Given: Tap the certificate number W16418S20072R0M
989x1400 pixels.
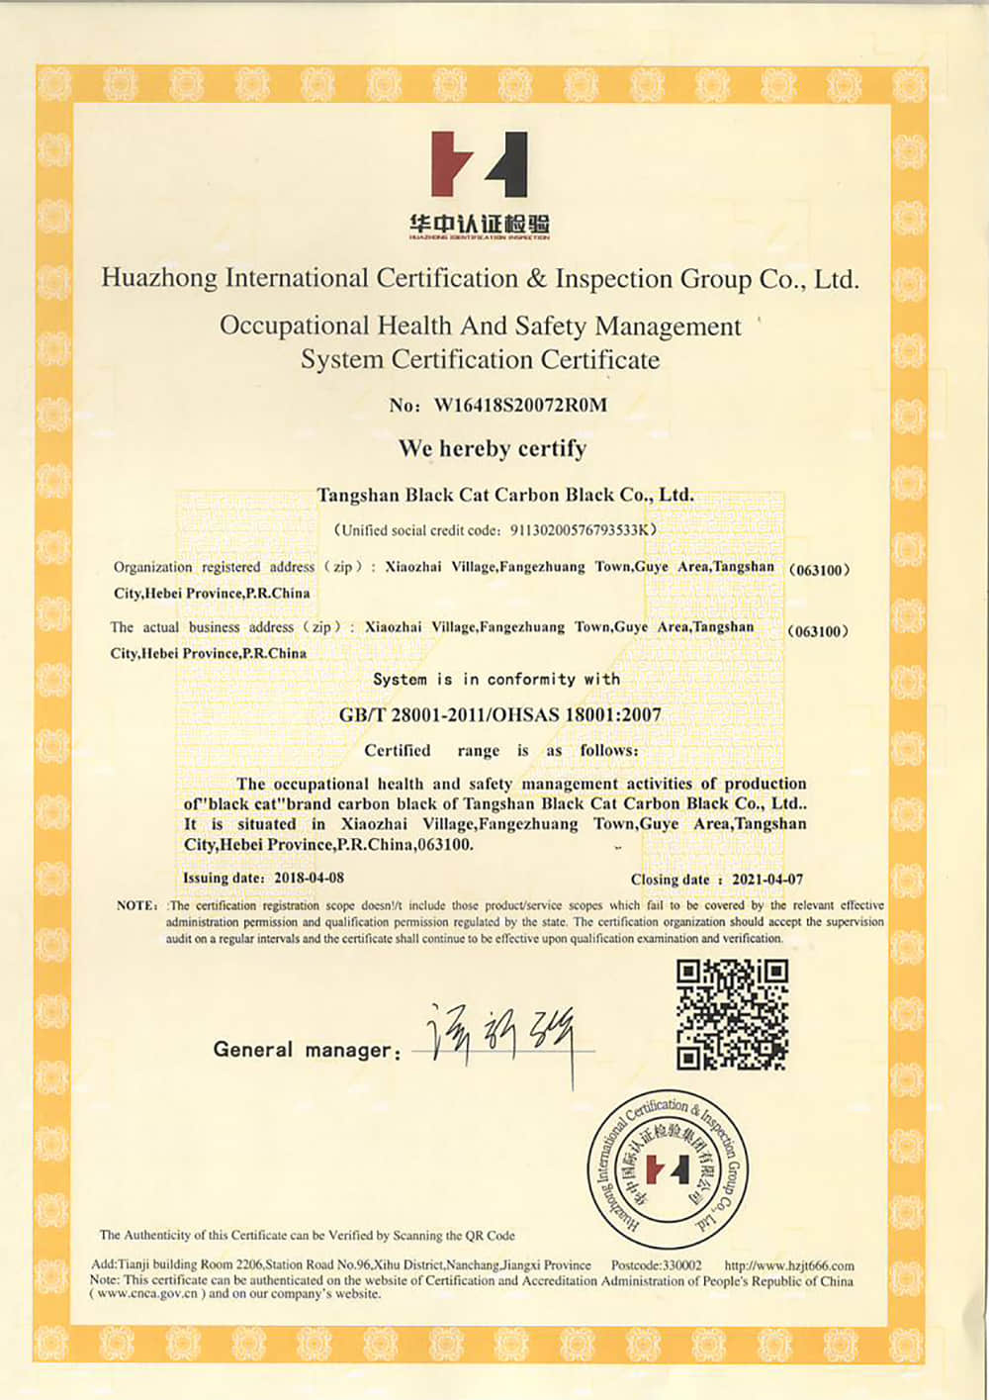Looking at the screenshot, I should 520,405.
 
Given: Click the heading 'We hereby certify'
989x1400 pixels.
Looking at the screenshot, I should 493,448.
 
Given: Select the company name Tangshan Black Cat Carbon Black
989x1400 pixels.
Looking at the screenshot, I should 504,495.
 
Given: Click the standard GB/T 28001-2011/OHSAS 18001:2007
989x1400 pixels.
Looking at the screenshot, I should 500,714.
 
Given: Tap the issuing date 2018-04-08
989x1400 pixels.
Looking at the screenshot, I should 309,878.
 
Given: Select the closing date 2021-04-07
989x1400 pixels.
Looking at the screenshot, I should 767,879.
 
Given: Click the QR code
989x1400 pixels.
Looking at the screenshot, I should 732,1015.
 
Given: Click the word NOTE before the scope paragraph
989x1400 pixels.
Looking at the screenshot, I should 135,905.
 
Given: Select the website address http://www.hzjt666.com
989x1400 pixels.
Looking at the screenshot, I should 789,1265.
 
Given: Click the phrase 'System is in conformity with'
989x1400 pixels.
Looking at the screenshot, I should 496,679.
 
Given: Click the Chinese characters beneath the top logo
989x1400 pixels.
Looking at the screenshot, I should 480,225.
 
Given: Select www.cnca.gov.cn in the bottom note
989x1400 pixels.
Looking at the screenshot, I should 147,1293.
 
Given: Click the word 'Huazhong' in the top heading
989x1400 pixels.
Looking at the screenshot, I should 158,278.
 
